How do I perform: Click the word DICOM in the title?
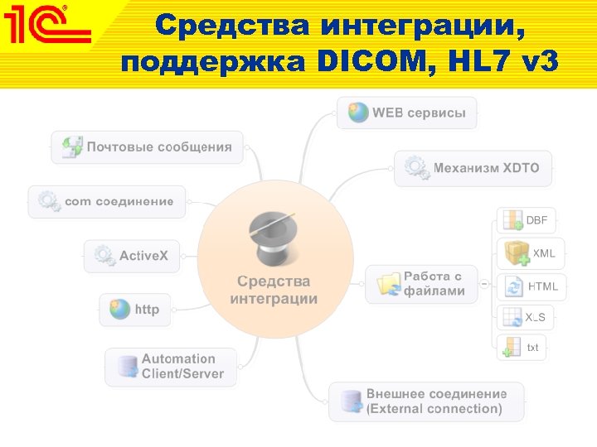(369, 61)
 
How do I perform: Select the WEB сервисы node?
(407, 113)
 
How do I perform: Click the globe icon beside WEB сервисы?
(358, 113)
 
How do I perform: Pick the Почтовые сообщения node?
(148, 147)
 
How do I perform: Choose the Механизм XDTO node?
(473, 168)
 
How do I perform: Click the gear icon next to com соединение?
(49, 201)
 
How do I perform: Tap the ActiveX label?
(143, 256)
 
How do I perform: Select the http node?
(135, 310)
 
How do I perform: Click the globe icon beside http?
(121, 310)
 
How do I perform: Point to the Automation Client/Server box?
(170, 367)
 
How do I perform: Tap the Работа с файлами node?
(422, 284)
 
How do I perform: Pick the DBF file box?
(526, 220)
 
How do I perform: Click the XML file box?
(531, 253)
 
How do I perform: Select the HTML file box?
(531, 286)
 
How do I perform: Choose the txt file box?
(522, 348)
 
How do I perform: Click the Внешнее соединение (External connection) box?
(426, 401)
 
